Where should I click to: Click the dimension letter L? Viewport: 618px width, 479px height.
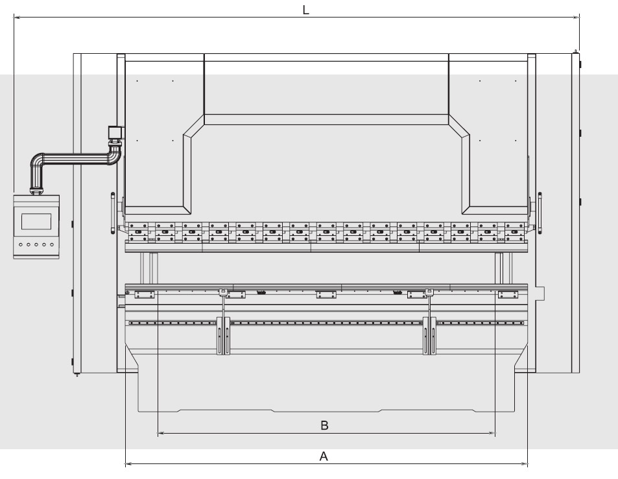coord(306,10)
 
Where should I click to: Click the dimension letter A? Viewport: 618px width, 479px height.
coord(324,456)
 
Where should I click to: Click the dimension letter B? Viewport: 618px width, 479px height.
coord(325,425)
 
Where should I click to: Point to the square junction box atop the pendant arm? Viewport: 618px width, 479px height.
coord(116,133)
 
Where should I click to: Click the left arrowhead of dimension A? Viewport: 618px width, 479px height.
coord(128,464)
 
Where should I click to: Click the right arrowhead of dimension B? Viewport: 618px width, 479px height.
coord(492,433)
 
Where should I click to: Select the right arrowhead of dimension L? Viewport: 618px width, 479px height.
coord(576,18)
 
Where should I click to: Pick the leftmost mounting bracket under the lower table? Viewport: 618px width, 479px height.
coord(144,295)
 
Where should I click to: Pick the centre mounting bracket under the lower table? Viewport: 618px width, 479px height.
coord(326,295)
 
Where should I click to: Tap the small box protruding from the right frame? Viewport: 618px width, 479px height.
coord(540,292)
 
